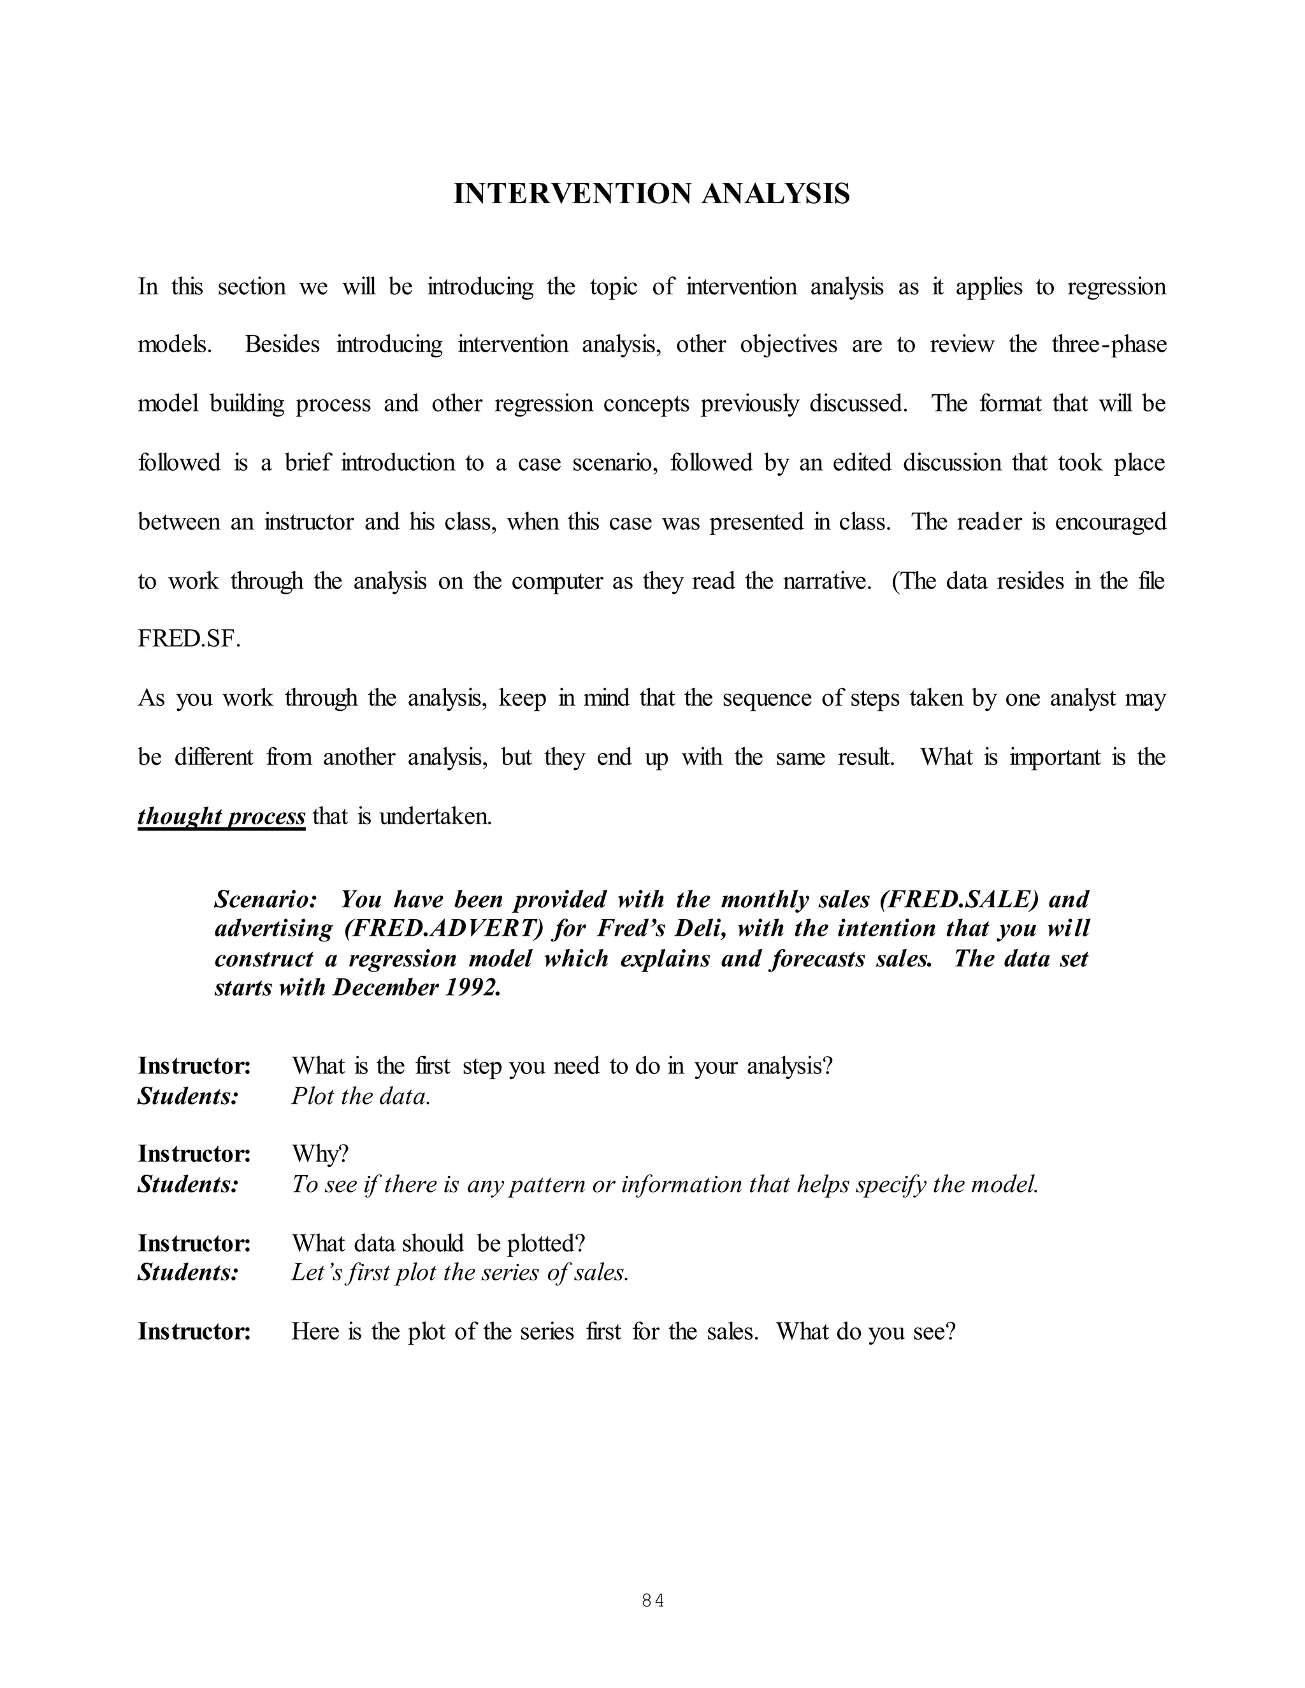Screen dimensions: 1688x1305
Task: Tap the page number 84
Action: (652, 1601)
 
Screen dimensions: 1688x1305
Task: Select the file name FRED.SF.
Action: (189, 640)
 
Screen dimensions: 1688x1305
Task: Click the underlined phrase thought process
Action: (221, 816)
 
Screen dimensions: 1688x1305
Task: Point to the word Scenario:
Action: (265, 899)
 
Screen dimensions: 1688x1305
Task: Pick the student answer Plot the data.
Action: (360, 1096)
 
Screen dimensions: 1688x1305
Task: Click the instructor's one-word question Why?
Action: (320, 1154)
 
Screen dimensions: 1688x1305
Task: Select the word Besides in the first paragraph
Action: (282, 345)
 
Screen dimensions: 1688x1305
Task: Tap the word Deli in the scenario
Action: (700, 929)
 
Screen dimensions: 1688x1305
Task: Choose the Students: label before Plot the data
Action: (188, 1096)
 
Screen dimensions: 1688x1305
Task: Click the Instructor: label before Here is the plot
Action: (194, 1332)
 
